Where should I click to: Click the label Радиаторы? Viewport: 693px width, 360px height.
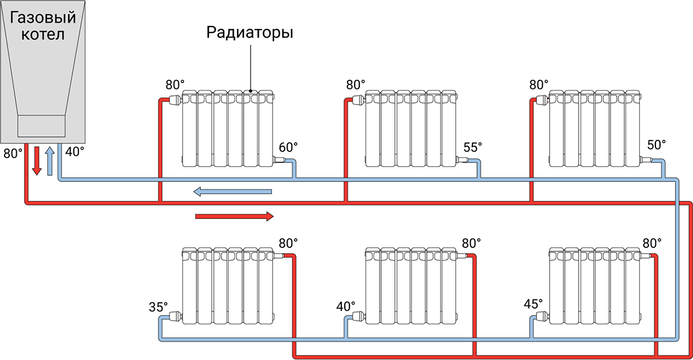click(x=250, y=32)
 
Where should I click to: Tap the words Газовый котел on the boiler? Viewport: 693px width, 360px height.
click(x=44, y=26)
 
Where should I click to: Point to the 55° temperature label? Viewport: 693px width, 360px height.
click(x=472, y=147)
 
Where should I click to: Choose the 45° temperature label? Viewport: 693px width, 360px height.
click(x=533, y=303)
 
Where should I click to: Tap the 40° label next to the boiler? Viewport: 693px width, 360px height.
click(x=74, y=153)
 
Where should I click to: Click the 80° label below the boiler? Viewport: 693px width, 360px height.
click(x=13, y=154)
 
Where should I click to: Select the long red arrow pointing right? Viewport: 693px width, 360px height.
click(x=234, y=216)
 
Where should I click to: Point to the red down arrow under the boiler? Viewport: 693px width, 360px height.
click(x=36, y=160)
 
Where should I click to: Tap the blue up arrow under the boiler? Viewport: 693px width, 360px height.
click(x=50, y=160)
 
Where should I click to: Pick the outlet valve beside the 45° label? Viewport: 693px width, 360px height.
click(x=542, y=316)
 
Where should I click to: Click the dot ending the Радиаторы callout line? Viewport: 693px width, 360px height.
click(x=250, y=91)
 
